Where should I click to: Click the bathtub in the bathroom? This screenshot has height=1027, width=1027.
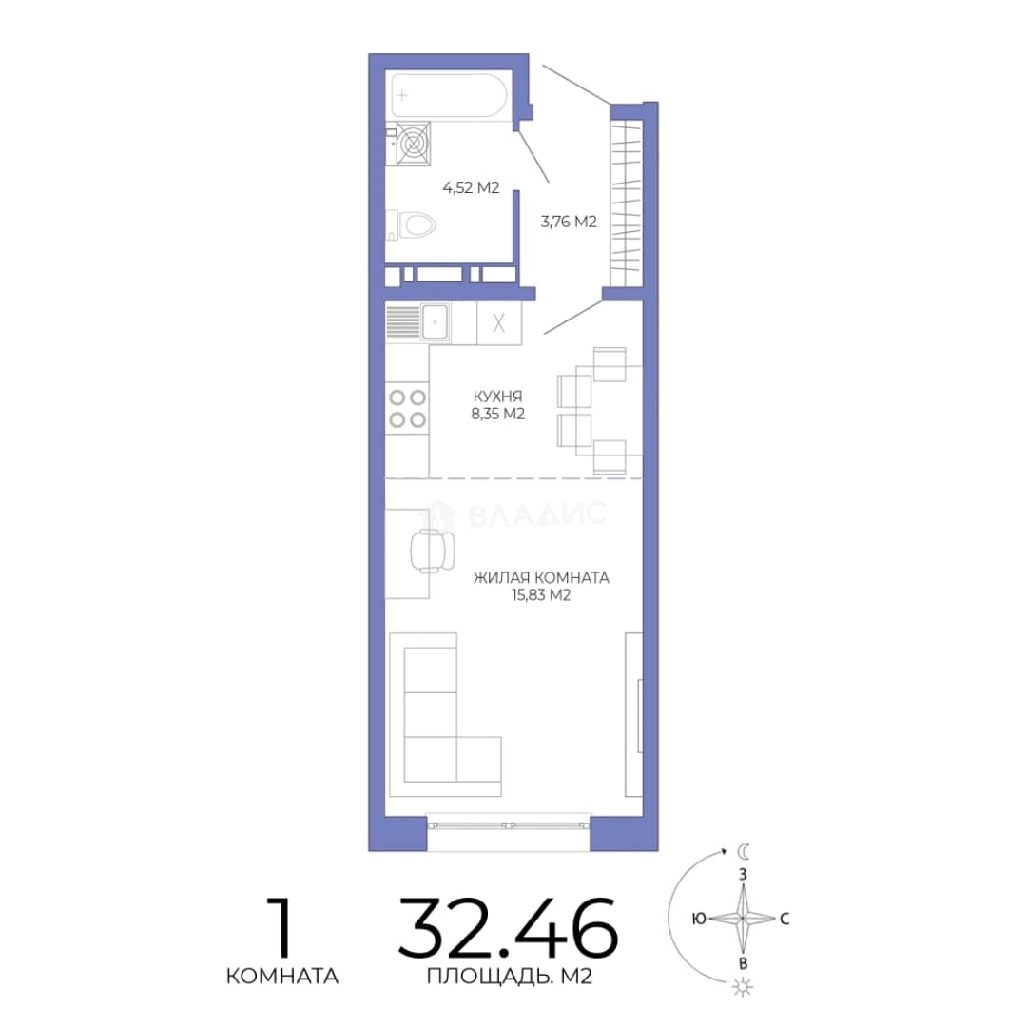point(449,95)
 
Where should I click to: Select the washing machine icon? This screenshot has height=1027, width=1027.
point(414,144)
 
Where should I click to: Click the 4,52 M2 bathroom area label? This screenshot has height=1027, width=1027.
point(471,188)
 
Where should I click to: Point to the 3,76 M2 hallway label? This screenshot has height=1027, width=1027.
point(569,222)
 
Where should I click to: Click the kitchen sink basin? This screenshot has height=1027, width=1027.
point(435,322)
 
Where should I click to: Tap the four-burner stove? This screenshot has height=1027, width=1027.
point(407,408)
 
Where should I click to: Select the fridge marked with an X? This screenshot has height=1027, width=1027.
point(499,323)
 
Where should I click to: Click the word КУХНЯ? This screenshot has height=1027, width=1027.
point(497,397)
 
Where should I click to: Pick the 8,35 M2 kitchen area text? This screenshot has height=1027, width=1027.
point(497,414)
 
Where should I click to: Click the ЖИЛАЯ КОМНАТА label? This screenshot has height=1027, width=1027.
point(541,578)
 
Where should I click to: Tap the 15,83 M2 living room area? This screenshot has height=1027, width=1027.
point(541,595)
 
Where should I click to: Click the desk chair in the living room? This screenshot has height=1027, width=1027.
point(433,551)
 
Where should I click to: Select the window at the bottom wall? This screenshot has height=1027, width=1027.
point(508,824)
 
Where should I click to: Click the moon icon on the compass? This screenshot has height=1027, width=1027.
point(744,851)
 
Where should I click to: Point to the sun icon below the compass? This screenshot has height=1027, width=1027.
point(743,987)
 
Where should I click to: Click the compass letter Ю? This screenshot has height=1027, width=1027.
point(699,919)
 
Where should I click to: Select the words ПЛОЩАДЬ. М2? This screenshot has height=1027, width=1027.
point(510,977)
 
